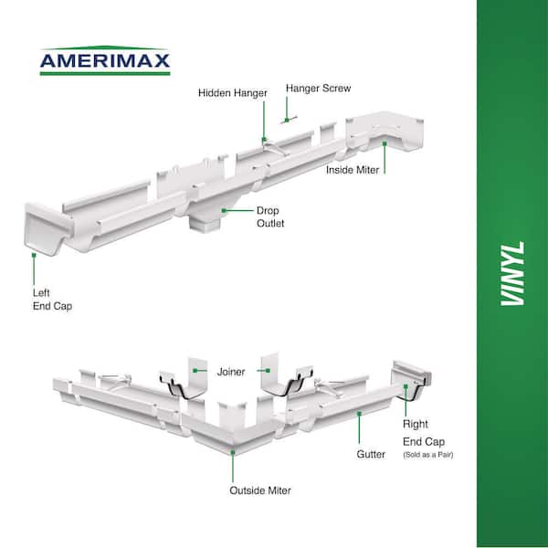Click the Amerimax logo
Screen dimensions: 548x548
tap(105, 60)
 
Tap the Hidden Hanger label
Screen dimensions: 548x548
tap(233, 93)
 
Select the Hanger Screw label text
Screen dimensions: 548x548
tap(318, 88)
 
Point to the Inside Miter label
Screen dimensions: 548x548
tap(353, 170)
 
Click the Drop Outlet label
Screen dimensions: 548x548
tap(270, 216)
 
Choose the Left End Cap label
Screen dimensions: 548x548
tap(52, 300)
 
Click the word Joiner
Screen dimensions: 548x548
tap(231, 372)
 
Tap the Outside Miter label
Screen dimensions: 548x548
tap(260, 490)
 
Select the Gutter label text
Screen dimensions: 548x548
tap(371, 454)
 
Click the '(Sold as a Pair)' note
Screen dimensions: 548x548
tap(428, 455)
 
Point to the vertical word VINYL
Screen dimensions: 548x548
tap(512, 273)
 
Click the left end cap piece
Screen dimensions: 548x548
tap(47, 228)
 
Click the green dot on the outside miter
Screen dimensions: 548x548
tap(233, 452)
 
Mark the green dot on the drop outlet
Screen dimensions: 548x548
tap(224, 210)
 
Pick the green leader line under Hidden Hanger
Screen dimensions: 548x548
tap(264, 120)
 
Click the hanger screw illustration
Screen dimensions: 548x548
tap(289, 120)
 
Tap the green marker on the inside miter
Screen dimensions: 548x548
tap(385, 143)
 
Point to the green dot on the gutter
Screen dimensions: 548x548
tap(359, 414)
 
